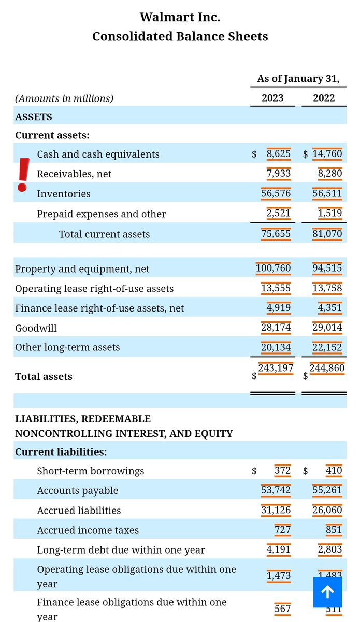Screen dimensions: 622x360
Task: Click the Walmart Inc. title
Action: click(180, 17)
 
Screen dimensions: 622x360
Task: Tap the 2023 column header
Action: click(272, 98)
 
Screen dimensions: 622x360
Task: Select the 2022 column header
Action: click(324, 98)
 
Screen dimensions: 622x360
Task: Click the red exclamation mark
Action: click(23, 175)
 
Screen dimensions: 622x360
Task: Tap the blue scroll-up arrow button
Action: click(327, 592)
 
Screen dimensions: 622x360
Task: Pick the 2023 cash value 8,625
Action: click(278, 154)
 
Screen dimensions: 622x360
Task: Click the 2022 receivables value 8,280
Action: click(330, 174)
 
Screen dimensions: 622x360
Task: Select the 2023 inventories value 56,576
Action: click(276, 193)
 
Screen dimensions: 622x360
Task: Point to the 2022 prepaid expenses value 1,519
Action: click(330, 214)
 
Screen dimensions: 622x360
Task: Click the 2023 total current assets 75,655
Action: click(276, 234)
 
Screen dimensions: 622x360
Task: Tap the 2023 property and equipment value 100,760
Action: click(273, 268)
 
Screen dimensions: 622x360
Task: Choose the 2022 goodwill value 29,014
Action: click(327, 328)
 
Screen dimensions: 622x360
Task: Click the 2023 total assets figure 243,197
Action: click(276, 368)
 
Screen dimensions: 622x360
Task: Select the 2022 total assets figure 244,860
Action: click(327, 368)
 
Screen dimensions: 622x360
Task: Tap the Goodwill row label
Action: click(36, 328)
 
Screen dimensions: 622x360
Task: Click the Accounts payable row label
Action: click(77, 490)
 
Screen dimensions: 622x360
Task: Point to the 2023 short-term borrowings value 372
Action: click(282, 471)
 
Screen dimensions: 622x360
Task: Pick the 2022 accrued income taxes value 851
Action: click(334, 530)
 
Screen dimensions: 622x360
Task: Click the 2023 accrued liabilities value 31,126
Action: click(276, 510)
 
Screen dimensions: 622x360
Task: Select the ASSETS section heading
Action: click(34, 117)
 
